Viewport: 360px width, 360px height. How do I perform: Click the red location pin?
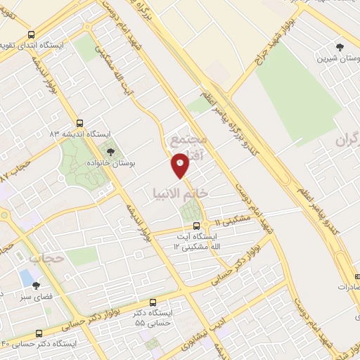pos(181,166)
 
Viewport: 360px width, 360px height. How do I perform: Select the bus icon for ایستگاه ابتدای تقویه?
pos(31,35)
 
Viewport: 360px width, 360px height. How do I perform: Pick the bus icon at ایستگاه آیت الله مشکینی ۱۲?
pos(195,226)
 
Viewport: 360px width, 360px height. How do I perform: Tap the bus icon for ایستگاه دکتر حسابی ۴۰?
pos(37,332)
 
